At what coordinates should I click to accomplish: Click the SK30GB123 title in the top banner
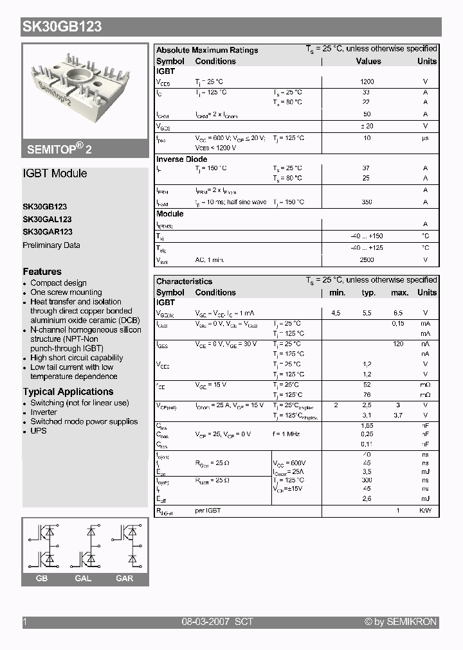[x=62, y=27]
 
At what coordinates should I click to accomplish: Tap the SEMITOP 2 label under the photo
[x=59, y=148]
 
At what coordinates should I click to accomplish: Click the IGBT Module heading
[x=55, y=173]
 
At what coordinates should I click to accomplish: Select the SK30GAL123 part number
[x=47, y=220]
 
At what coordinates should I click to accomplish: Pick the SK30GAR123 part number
[x=48, y=232]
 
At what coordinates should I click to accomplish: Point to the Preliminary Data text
[x=51, y=245]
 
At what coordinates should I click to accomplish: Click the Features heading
[x=42, y=272]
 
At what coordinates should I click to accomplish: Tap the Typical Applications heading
[x=68, y=392]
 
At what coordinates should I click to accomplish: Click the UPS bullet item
[x=39, y=431]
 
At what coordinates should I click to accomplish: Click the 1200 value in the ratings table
[x=367, y=82]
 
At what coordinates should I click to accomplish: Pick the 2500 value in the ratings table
[x=367, y=260]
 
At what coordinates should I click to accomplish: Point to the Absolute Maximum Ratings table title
[x=207, y=50]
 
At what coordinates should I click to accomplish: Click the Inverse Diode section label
[x=182, y=159]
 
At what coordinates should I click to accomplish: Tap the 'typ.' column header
[x=368, y=293]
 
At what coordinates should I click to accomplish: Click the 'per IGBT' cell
[x=208, y=511]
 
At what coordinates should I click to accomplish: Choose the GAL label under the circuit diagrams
[x=83, y=579]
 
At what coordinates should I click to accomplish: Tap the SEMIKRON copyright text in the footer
[x=401, y=622]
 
